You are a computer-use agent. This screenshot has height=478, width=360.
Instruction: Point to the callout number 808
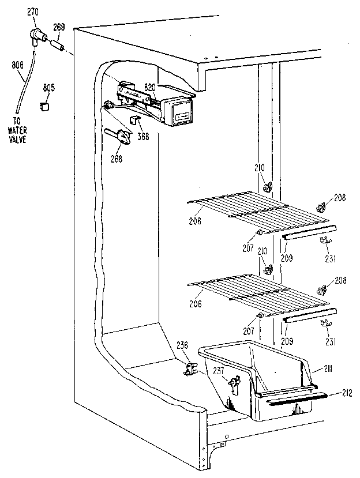pyautogui.click(x=17, y=66)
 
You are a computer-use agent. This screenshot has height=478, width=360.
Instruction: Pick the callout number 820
pyautogui.click(x=150, y=87)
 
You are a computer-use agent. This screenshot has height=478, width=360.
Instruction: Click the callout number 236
pyautogui.click(x=182, y=345)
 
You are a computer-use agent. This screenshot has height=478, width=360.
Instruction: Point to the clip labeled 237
pyautogui.click(x=234, y=382)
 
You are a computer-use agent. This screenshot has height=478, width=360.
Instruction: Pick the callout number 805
pyautogui.click(x=49, y=88)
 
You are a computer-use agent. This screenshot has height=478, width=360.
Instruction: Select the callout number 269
pyautogui.click(x=59, y=27)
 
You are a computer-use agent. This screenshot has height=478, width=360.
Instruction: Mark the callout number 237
pyautogui.click(x=218, y=372)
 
